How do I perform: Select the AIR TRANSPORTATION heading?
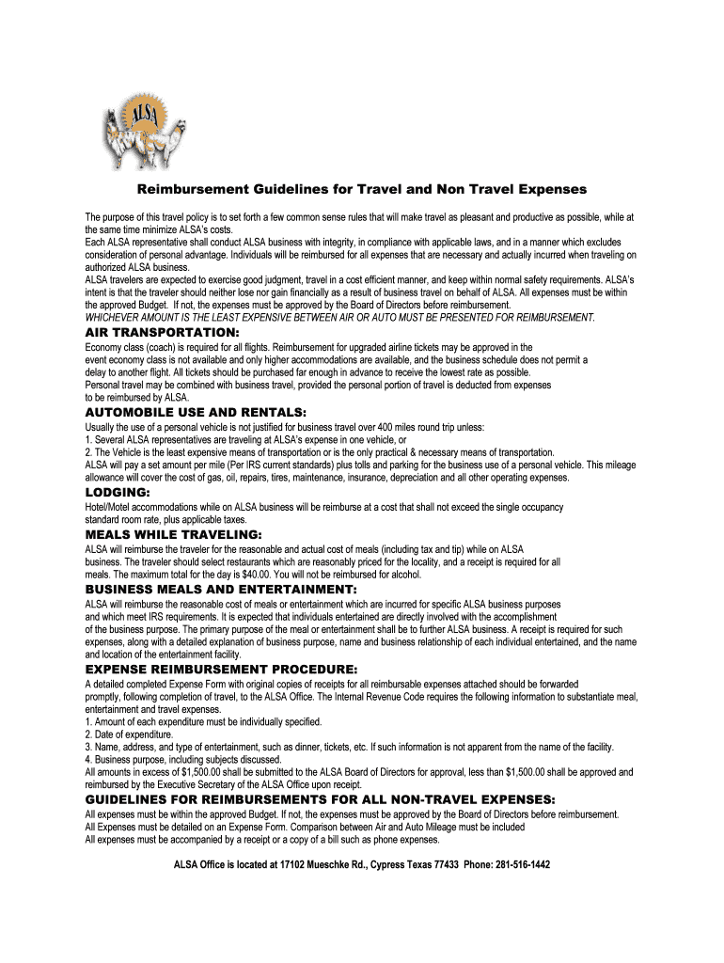[x=162, y=333]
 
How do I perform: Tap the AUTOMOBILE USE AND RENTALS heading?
[x=196, y=412]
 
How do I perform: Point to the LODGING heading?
[x=118, y=492]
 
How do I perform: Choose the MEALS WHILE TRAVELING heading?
[x=173, y=534]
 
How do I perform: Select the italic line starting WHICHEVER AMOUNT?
[x=340, y=318]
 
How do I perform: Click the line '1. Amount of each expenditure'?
[x=203, y=722]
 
